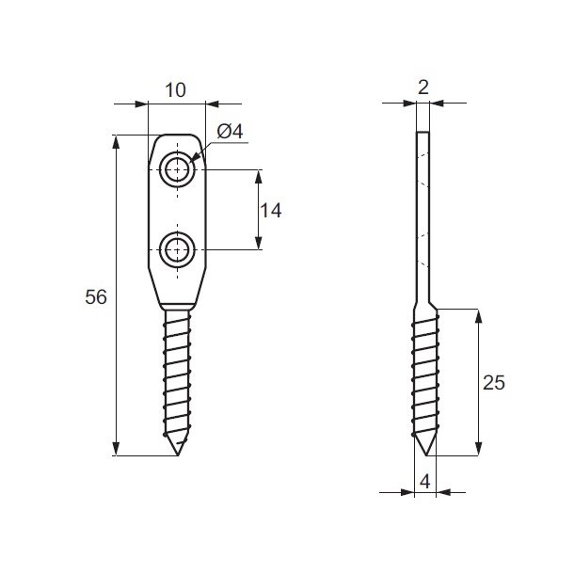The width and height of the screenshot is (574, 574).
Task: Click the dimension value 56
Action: [x=96, y=296]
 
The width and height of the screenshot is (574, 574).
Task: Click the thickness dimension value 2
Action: [x=423, y=88]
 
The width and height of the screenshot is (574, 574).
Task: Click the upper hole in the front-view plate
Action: [x=176, y=170]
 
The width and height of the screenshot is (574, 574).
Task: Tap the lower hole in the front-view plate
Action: [x=176, y=250]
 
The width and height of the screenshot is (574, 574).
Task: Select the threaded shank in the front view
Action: [x=176, y=376]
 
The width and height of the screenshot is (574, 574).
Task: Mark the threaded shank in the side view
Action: [x=423, y=376]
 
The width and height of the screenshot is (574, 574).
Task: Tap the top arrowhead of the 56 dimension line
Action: [x=117, y=142]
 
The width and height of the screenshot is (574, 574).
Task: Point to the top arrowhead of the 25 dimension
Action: [x=480, y=316]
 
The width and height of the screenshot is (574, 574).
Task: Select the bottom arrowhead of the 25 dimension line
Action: [x=480, y=449]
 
